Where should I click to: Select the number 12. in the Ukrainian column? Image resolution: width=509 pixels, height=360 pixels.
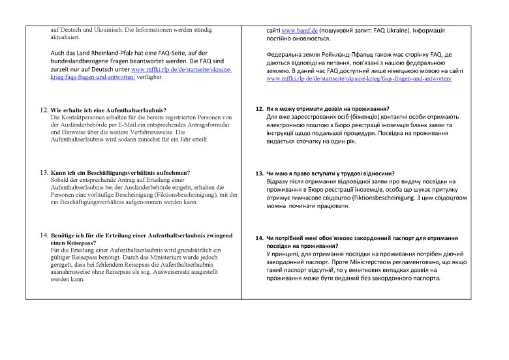(259, 108)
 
